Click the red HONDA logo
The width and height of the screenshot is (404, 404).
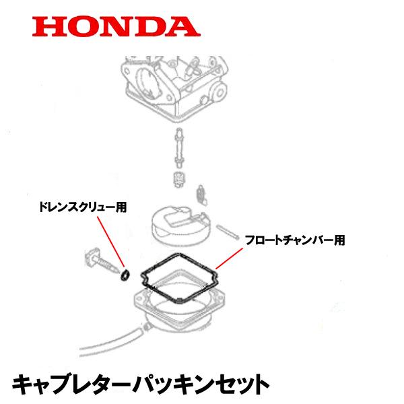tap(116, 26)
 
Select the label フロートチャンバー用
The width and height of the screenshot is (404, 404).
tap(294, 239)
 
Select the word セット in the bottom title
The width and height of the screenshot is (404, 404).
tap(235, 384)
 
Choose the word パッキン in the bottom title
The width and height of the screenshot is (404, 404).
tap(163, 384)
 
